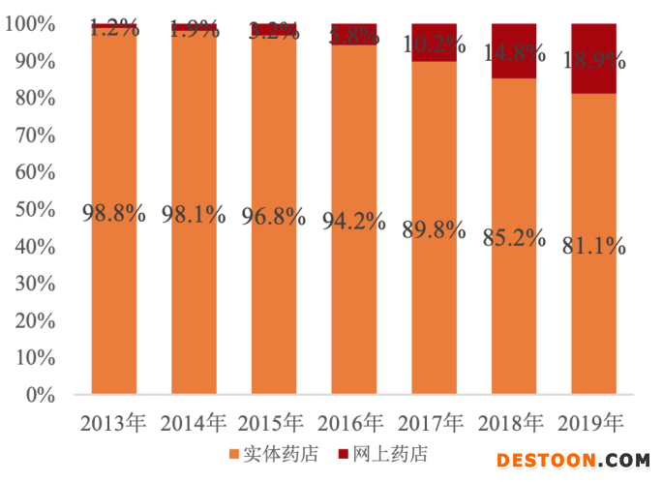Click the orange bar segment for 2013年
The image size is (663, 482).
tap(114, 290)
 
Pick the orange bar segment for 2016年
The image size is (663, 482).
tap(354, 310)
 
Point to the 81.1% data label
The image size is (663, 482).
tap(593, 246)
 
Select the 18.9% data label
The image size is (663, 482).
tap(593, 60)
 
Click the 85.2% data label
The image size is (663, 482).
tap(514, 237)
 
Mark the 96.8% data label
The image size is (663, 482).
tap(274, 215)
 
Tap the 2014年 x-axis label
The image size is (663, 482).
tap(194, 423)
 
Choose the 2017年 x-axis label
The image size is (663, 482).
tap(434, 423)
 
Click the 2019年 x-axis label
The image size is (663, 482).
tap(593, 423)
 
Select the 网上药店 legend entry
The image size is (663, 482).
tap(383, 454)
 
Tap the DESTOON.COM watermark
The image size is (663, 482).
tap(573, 462)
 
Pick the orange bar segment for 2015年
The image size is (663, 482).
tap(274, 310)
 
